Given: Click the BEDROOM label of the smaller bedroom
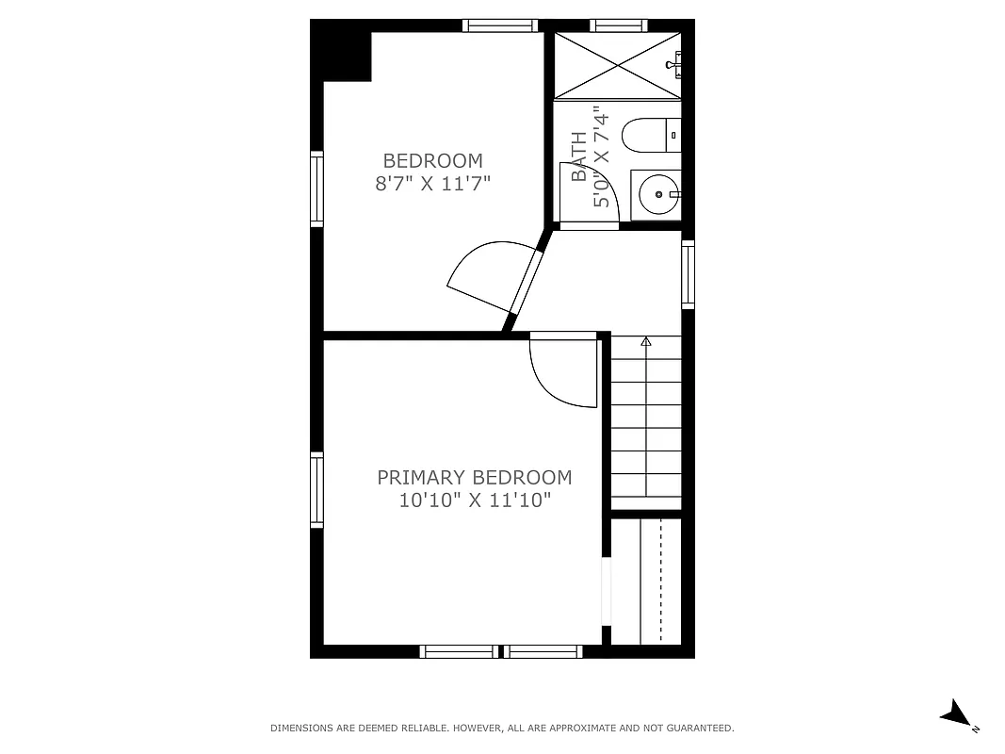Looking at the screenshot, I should pos(432,160).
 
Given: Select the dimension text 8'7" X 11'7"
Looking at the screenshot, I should pos(432,183).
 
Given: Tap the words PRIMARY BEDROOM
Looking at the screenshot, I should pos(474,478).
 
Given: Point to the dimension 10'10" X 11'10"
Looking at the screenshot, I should pos(474,500).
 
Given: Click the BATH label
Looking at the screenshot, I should pos(579,156).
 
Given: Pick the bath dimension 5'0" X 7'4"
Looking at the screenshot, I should pos(602,156).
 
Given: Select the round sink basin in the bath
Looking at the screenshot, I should pos(654,195).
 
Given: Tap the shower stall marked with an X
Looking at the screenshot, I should pos(616,65).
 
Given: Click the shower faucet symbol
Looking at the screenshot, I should pos(673,64).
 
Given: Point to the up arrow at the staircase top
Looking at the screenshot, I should pos(646,341).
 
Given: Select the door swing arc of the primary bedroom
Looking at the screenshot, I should pos(561,372).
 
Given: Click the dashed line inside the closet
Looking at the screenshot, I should pos(660,580).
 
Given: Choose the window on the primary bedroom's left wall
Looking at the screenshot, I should pos(317,490).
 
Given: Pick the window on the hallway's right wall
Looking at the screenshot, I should pos(689,274).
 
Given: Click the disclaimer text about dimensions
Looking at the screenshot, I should pos(502,728).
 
